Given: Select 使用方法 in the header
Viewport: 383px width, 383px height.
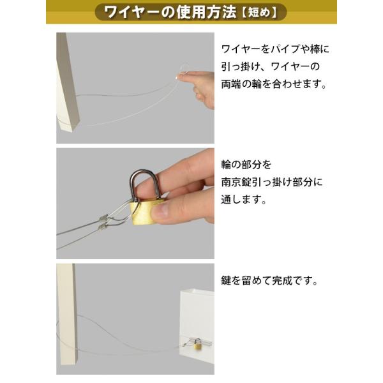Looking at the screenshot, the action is (206, 12).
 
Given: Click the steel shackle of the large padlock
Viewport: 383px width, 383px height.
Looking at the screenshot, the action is (145, 182).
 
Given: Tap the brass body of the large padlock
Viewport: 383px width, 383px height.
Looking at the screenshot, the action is (142, 212).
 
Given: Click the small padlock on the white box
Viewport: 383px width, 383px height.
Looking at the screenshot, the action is (198, 345).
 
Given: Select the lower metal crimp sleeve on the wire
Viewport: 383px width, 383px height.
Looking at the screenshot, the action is (103, 227).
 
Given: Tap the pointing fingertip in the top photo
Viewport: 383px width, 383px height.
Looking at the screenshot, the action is (180, 77).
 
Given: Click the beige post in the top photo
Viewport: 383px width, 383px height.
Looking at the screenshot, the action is (66, 82).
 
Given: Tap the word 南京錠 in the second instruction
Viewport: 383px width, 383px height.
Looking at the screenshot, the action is (236, 183).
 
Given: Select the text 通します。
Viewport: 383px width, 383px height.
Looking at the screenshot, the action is (244, 200).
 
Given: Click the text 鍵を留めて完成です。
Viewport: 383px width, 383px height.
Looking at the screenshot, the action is (269, 280).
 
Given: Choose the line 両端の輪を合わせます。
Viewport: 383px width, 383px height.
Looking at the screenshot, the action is (274, 84).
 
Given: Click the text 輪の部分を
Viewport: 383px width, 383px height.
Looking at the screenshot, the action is (246, 165).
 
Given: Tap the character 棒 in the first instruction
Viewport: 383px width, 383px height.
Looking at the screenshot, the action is (315, 49).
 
